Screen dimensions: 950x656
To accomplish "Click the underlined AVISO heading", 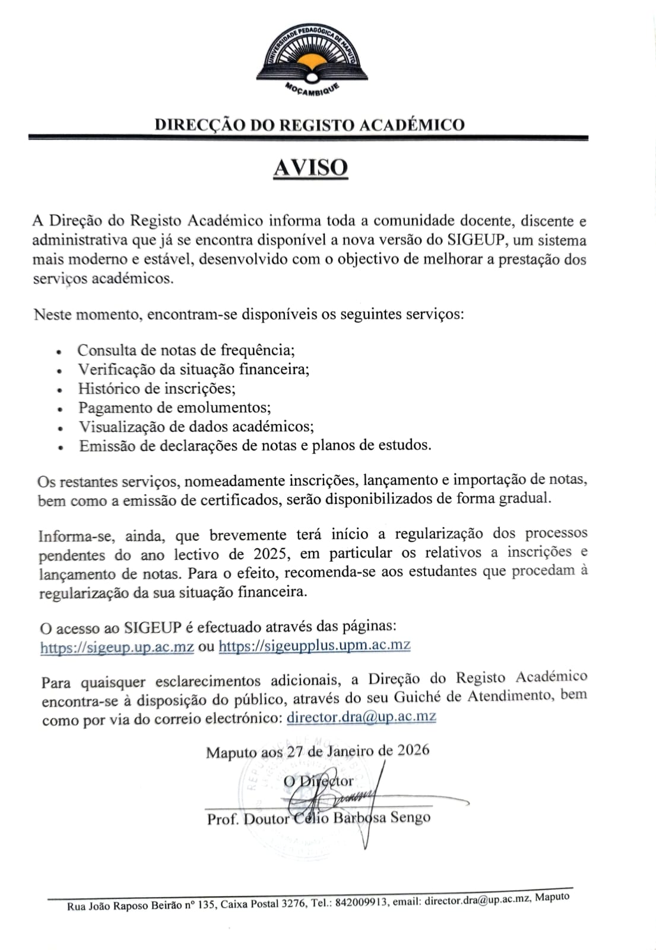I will [x=310, y=168].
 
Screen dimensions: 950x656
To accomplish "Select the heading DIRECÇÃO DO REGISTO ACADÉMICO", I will [x=309, y=125].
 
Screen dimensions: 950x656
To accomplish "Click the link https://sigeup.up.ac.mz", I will [x=117, y=647].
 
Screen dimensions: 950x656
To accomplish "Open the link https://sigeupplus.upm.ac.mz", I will [x=315, y=645].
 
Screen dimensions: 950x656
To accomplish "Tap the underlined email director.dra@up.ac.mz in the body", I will [x=361, y=716].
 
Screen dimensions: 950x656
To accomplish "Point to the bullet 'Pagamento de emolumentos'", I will [x=175, y=407].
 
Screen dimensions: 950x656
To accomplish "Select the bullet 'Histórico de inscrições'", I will [x=157, y=388].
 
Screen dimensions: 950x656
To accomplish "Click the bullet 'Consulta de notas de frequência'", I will [x=186, y=350].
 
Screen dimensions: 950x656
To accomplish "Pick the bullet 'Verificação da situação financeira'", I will [x=194, y=369].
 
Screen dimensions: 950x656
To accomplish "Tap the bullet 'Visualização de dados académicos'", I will [x=196, y=426].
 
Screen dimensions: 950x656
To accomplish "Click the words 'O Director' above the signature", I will [x=318, y=781].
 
